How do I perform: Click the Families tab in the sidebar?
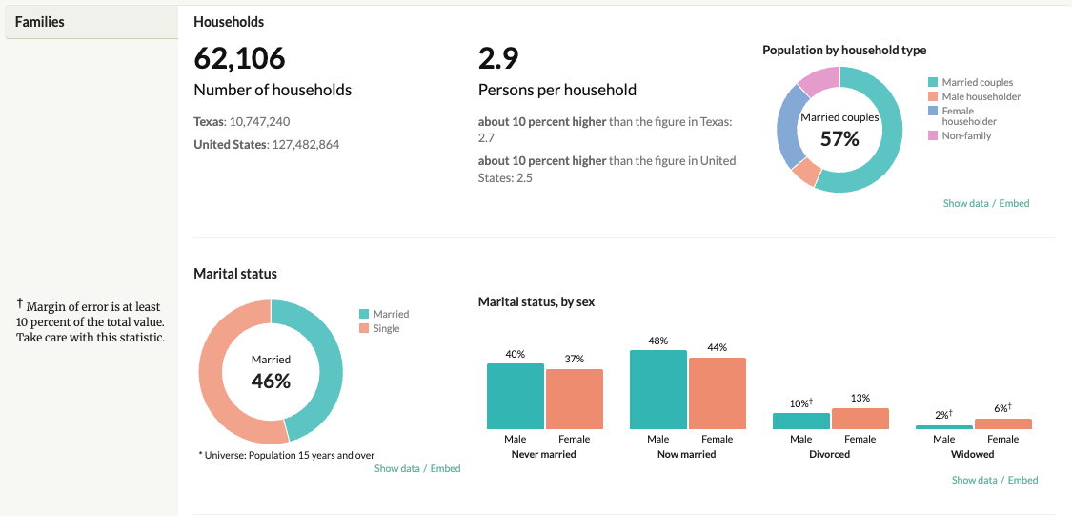40,21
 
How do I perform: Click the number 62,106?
239,58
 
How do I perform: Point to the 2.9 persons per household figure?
498,58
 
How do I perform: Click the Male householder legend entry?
981,96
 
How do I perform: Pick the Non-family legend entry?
966,135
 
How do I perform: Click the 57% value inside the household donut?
839,139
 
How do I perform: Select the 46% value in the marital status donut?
271,381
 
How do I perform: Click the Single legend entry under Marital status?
387,328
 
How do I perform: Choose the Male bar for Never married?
516,396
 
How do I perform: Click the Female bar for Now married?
717,393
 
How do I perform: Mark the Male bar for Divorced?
801,421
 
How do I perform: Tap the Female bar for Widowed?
1002,423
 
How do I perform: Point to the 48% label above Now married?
658,341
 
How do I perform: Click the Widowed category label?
972,454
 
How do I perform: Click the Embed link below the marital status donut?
445,468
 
